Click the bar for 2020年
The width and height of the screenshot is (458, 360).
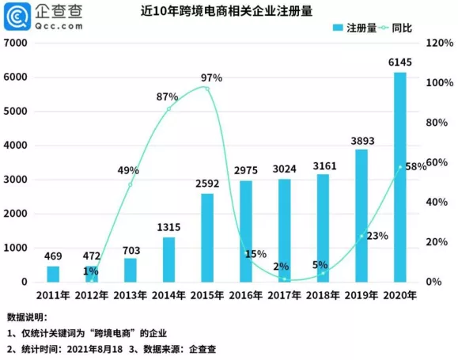[x=400, y=177]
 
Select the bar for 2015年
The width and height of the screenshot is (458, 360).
[x=207, y=237]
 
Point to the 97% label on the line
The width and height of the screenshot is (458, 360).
[x=211, y=78]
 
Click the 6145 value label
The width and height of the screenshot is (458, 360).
[x=400, y=63]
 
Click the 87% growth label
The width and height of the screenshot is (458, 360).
[x=167, y=97]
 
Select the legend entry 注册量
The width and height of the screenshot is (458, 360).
[x=346, y=28]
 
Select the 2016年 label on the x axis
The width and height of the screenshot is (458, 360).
[x=246, y=295]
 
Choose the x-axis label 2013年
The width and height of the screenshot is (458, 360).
[x=130, y=295]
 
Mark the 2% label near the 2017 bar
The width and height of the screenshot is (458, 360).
[x=282, y=267]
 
